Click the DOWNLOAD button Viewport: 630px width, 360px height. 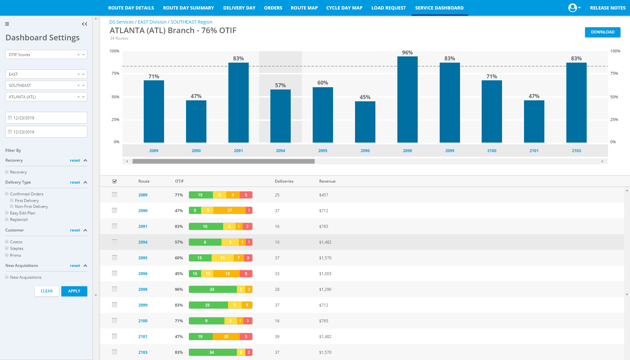[602, 32]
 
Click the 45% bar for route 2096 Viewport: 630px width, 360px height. [365, 122]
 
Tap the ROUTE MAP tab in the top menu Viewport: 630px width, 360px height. [304, 8]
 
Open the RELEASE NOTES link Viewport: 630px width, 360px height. [607, 8]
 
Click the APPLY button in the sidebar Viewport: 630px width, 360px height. [74, 291]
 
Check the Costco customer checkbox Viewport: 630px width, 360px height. [7, 242]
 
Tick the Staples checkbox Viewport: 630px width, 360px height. [7, 248]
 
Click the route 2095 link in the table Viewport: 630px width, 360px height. [143, 258]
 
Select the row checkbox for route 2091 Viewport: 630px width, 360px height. [115, 226]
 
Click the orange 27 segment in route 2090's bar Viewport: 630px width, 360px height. [229, 210]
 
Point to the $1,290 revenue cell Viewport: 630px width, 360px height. [325, 290]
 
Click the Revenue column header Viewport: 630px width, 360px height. [327, 181]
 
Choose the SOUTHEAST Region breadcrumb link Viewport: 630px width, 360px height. [191, 22]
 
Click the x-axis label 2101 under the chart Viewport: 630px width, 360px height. [534, 151]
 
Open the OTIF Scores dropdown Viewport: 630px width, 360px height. [46, 55]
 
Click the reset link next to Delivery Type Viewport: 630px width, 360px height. [75, 182]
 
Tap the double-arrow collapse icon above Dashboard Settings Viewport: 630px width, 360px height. [84, 24]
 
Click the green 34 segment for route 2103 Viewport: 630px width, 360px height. [212, 352]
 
